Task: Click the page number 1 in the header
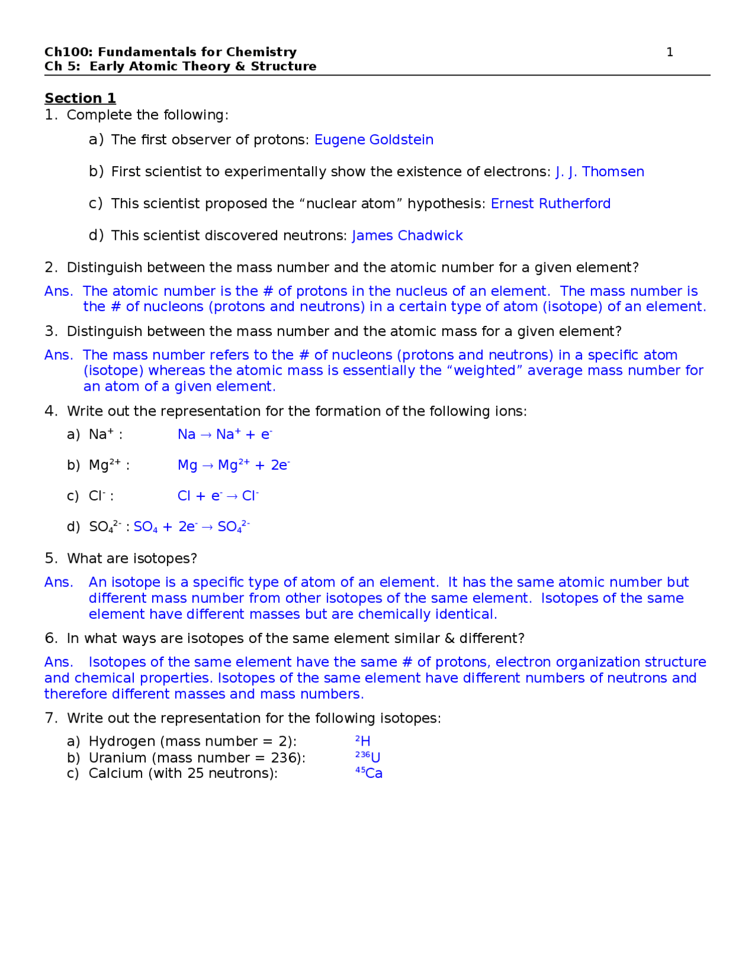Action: [x=669, y=52]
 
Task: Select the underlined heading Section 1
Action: [x=80, y=98]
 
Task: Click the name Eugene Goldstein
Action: [x=373, y=140]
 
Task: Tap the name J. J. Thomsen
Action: [x=599, y=172]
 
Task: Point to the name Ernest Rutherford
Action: [x=550, y=203]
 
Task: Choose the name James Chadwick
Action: [x=407, y=236]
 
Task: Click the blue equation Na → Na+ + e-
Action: [x=225, y=435]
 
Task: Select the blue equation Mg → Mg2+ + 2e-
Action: [x=234, y=466]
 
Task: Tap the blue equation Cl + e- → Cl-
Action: [x=218, y=496]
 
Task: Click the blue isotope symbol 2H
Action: [x=363, y=741]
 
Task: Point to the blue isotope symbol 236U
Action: [x=367, y=757]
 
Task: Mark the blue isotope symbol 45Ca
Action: [x=369, y=773]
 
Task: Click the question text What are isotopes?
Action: [x=132, y=559]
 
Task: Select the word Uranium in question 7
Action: [x=116, y=758]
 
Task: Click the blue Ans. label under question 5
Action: [x=58, y=582]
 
